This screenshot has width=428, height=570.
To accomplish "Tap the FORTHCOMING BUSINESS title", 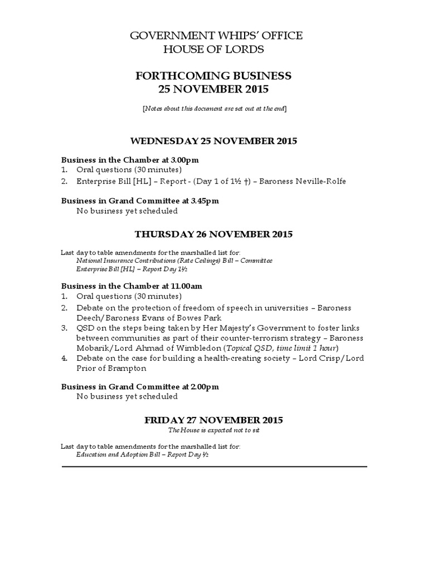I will coord(213,76).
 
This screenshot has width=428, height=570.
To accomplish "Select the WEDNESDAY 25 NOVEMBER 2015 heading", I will coord(213,141).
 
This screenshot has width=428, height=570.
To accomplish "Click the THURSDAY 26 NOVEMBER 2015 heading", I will coord(213,234).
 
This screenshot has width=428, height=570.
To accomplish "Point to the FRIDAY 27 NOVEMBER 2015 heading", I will coord(213,420).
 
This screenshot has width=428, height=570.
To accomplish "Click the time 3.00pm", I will coord(184,159).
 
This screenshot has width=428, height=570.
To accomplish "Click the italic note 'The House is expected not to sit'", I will coord(213,430).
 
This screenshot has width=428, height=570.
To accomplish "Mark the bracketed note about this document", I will coord(213,107).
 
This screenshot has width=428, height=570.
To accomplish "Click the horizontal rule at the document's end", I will coord(213,466).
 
